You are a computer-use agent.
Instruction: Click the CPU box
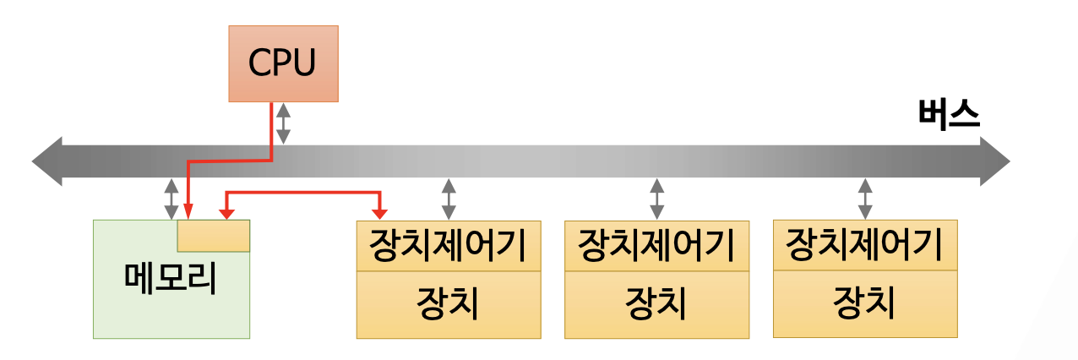283,63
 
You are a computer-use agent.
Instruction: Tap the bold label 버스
949,116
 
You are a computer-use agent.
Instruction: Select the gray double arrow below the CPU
284,123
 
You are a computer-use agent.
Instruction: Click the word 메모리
171,280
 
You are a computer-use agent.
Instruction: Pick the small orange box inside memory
213,236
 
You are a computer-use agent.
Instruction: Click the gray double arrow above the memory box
171,199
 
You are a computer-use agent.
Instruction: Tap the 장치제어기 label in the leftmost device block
448,246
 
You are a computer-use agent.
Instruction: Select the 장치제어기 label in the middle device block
656,246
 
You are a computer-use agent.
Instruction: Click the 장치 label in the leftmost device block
448,303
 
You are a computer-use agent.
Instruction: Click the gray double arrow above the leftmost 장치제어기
449,199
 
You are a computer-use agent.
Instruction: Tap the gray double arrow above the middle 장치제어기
656,199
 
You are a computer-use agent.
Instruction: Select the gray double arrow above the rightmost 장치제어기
865,199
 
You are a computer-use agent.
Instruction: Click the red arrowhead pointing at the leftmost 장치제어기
381,210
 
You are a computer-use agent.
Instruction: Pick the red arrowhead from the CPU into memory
188,210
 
